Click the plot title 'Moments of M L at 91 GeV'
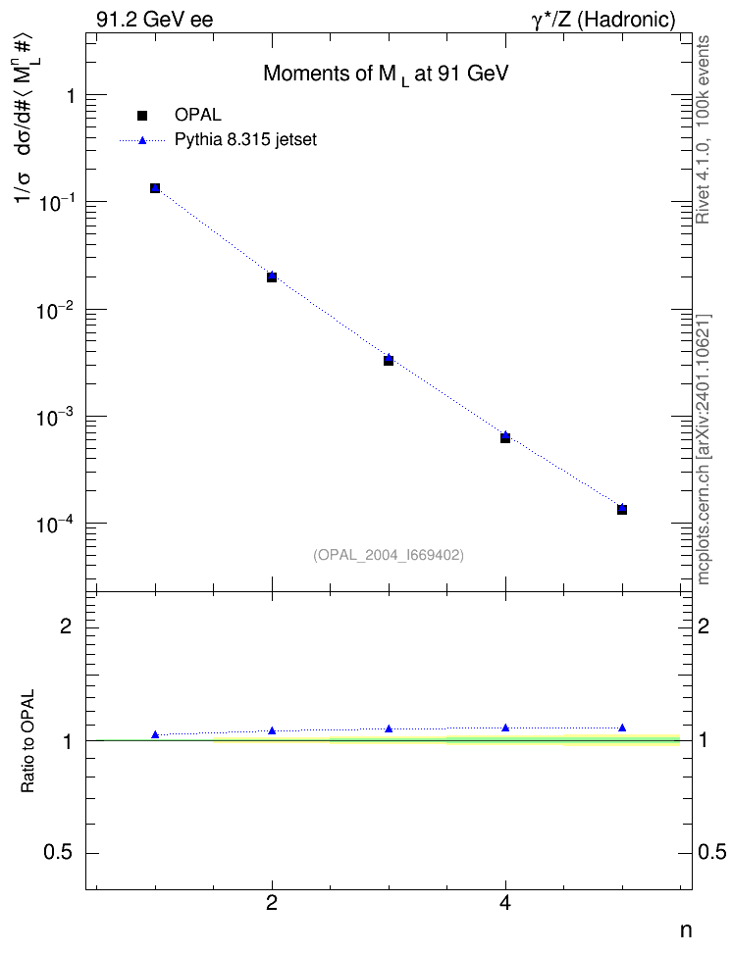pos(386,75)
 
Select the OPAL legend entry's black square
pos(142,115)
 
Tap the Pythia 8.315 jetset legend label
pos(246,140)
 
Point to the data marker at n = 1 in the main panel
pos(155,188)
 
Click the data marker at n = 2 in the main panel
pos(272,277)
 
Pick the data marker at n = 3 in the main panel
pos(389,361)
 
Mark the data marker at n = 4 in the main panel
pos(505,437)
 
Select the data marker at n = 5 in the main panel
pos(622,509)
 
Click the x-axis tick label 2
pos(272,903)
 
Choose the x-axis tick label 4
pos(505,903)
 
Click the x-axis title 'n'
pos(685,930)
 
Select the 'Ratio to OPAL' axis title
pos(27,741)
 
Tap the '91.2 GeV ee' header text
pos(155,20)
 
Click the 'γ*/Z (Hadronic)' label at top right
pos(603,21)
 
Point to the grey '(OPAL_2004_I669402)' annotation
pos(389,555)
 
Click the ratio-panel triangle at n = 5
pos(622,727)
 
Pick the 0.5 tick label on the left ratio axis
pos(58,853)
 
